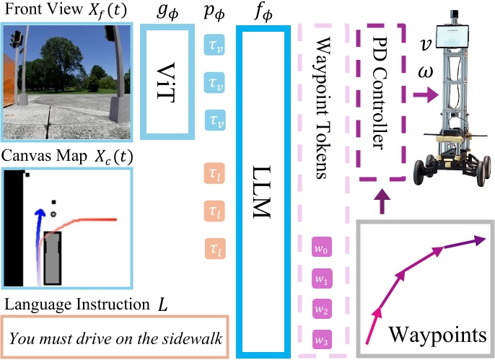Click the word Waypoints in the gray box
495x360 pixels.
(437, 335)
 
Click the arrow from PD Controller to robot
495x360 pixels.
(426, 95)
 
